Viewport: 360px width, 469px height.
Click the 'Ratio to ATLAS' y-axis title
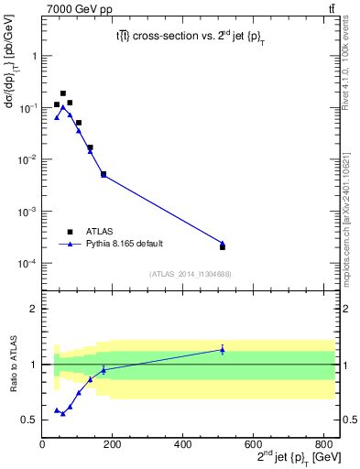coord(13,376)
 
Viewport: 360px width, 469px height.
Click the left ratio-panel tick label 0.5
coord(30,420)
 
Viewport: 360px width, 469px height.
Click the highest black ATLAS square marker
coord(63,93)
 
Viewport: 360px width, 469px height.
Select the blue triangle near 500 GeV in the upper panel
coord(223,243)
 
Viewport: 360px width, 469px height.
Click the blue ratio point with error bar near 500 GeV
coord(223,349)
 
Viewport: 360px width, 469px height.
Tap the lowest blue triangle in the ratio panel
coord(63,413)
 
